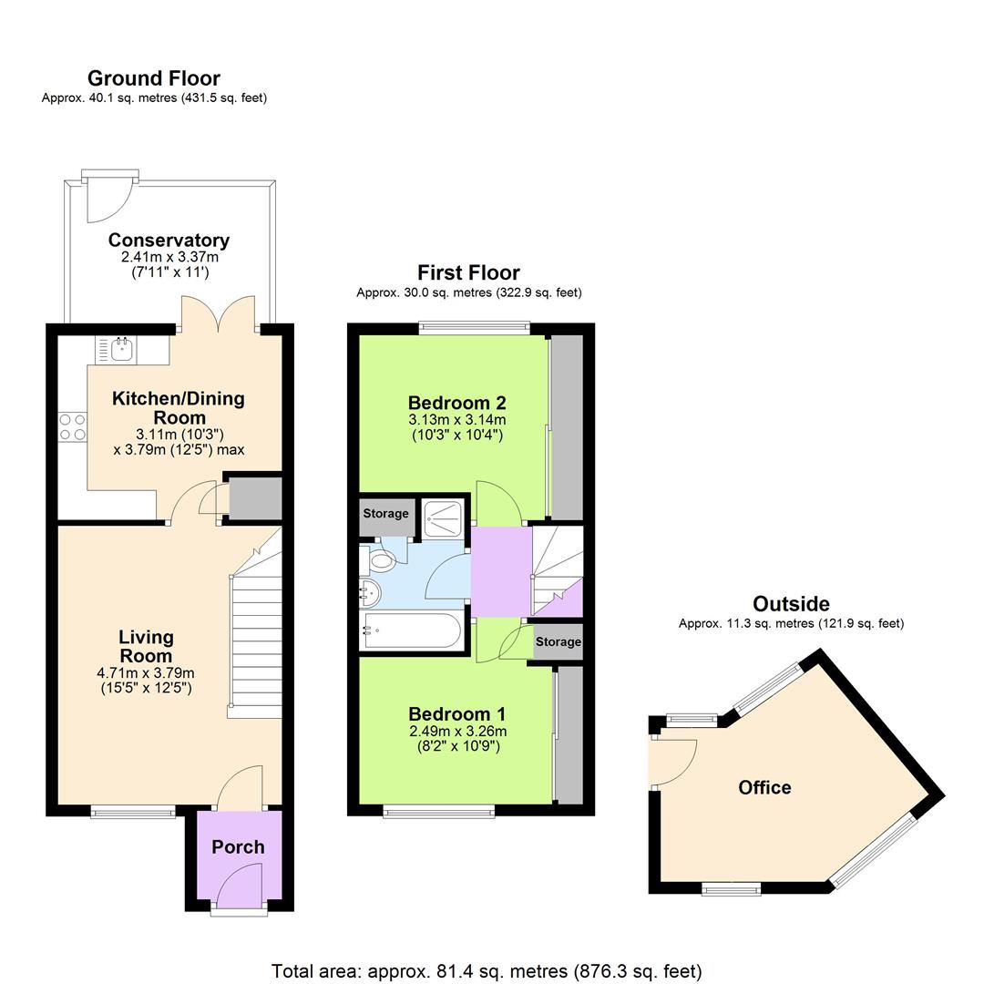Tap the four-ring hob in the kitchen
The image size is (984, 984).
point(73,427)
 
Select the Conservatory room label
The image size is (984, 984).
point(169,241)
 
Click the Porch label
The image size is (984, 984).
point(238,847)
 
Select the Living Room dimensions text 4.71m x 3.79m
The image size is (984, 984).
point(146,673)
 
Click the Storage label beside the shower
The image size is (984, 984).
point(386,514)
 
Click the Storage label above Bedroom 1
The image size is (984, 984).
point(558,642)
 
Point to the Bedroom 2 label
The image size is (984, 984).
point(456,403)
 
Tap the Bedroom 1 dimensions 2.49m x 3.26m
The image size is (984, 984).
point(456,732)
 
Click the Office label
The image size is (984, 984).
point(764,788)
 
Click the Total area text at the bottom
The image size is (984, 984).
point(487,971)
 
